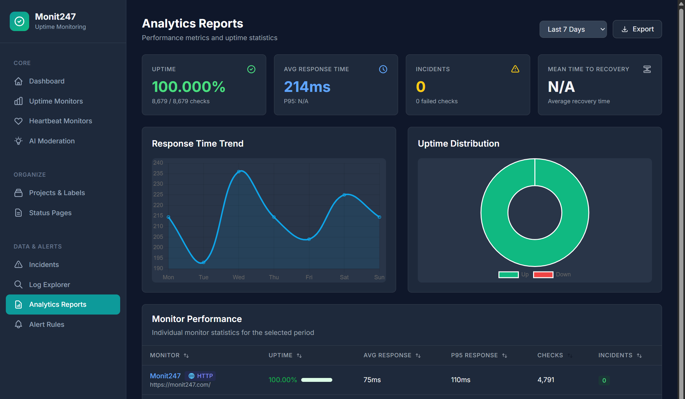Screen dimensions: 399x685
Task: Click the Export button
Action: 637,29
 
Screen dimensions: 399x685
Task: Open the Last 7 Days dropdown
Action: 573,29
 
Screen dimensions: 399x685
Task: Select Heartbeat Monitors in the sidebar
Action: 61,121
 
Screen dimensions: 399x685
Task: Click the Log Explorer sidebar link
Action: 50,285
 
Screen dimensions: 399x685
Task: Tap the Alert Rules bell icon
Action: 18,324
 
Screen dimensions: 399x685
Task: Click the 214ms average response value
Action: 307,87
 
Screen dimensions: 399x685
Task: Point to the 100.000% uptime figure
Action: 188,87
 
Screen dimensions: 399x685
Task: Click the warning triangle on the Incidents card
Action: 515,69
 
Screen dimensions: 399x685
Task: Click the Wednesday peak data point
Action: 239,172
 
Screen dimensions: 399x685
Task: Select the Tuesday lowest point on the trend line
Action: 203,262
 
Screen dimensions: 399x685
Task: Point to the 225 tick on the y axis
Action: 158,194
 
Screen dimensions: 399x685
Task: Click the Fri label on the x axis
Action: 309,277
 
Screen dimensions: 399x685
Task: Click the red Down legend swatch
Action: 543,275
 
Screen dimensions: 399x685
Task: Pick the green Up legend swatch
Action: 508,275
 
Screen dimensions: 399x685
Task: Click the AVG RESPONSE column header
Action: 387,355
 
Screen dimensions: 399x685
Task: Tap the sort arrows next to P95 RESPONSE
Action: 505,356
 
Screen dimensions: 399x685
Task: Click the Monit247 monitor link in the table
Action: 165,376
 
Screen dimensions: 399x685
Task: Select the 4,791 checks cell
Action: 546,380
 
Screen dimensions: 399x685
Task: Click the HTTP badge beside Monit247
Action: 200,376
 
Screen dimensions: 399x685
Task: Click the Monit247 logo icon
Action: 19,21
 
